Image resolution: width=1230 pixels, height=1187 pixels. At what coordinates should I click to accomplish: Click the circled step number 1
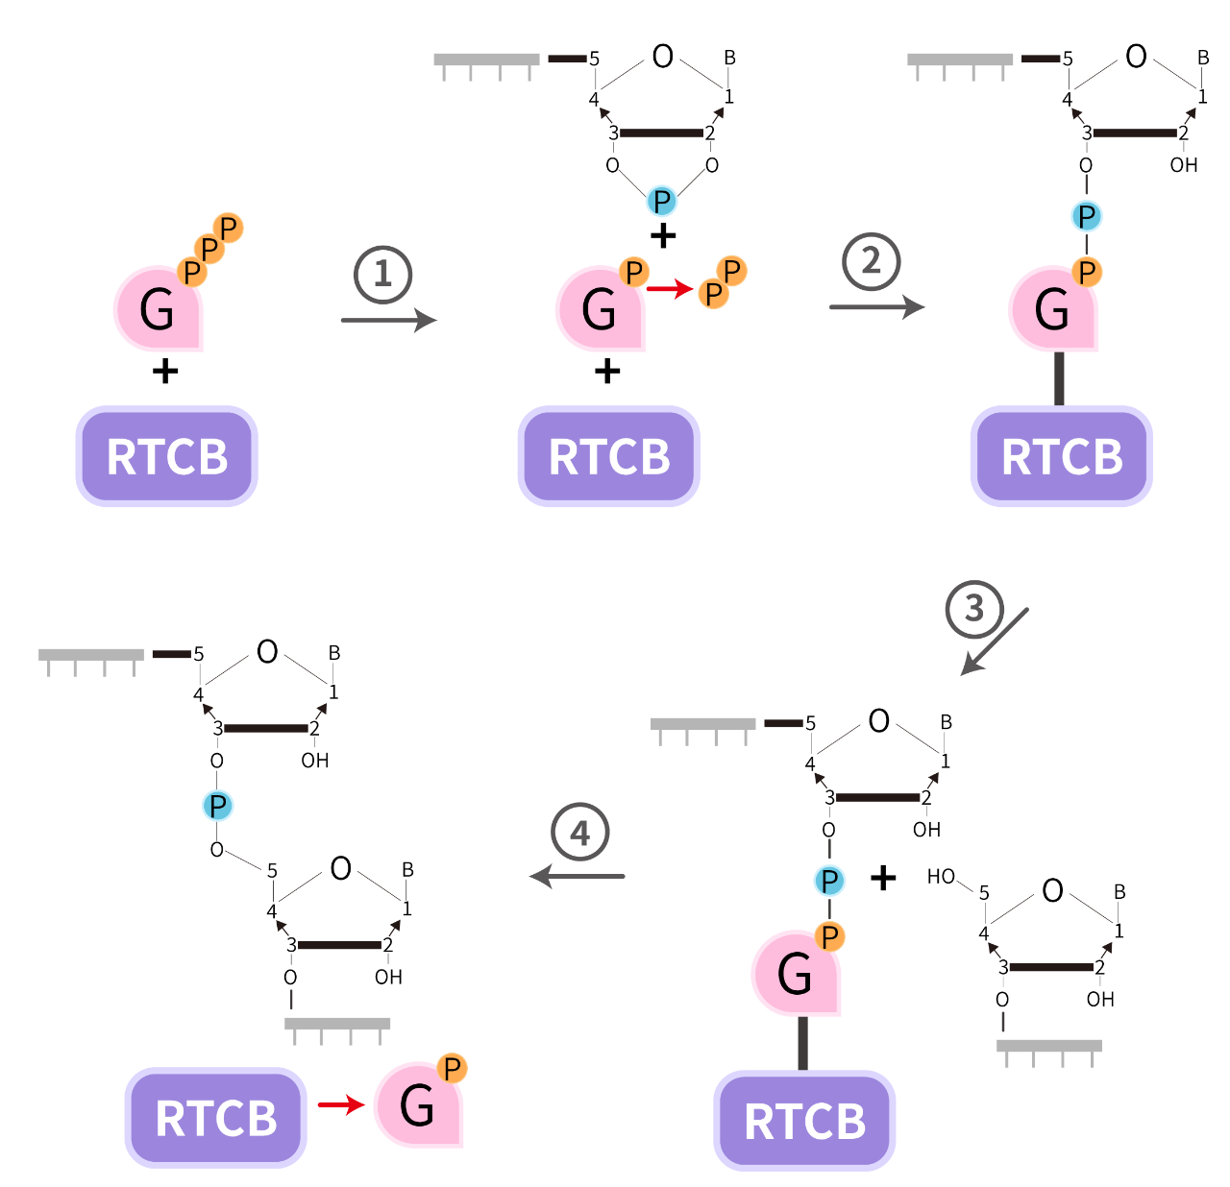[382, 275]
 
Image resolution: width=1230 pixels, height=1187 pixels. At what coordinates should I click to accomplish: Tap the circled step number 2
[871, 261]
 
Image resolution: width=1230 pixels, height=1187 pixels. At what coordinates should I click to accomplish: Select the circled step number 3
[974, 609]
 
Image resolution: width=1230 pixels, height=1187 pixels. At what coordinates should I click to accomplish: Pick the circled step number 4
[579, 832]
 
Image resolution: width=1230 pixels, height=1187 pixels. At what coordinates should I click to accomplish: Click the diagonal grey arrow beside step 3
[996, 642]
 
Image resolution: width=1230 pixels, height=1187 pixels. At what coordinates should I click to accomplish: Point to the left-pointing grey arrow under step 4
[578, 876]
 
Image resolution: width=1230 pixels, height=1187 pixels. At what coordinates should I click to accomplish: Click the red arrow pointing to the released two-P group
[670, 288]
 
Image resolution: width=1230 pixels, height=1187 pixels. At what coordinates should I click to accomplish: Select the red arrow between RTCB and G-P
[340, 1105]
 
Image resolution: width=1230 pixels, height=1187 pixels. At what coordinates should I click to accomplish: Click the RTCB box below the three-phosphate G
[167, 456]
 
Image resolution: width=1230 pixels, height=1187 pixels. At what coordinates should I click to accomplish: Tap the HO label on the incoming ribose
[941, 877]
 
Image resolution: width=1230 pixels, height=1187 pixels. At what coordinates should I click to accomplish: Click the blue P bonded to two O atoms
[662, 202]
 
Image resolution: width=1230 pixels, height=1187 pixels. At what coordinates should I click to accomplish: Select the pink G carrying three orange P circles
[158, 309]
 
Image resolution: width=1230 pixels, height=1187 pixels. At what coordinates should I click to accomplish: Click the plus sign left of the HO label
[882, 878]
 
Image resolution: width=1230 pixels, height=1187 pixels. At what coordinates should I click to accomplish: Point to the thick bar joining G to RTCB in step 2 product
[1059, 378]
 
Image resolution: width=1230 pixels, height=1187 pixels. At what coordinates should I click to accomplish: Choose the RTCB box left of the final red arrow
[216, 1118]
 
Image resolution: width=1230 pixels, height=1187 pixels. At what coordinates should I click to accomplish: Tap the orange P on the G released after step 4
[452, 1068]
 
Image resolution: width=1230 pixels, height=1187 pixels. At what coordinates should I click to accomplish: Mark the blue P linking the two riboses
[218, 806]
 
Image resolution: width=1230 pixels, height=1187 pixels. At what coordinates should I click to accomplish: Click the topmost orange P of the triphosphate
[229, 229]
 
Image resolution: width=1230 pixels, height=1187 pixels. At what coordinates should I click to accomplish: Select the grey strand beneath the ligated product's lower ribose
[337, 1026]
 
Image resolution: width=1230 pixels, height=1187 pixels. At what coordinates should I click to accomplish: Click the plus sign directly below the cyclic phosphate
[663, 236]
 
